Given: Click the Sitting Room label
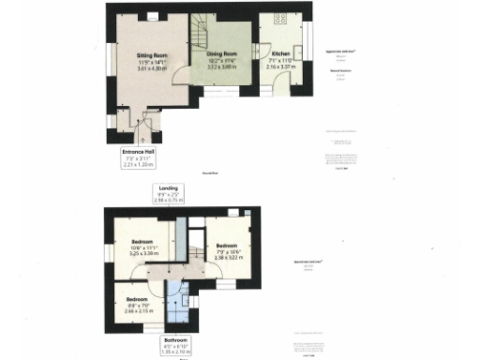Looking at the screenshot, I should click(x=152, y=56).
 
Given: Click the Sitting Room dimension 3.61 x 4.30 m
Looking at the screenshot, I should click(x=152, y=69).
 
